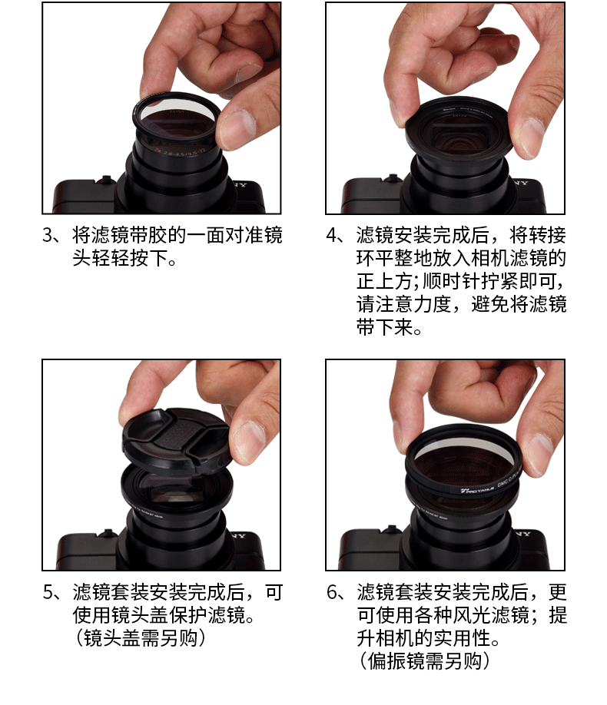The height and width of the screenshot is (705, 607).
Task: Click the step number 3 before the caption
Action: (48, 235)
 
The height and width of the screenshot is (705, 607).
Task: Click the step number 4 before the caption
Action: (332, 235)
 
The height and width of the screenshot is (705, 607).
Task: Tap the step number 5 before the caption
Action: (48, 592)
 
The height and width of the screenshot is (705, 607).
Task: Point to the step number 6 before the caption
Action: (332, 592)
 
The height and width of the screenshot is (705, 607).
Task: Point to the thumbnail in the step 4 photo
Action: (526, 137)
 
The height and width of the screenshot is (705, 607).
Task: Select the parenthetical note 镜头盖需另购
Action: (140, 638)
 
